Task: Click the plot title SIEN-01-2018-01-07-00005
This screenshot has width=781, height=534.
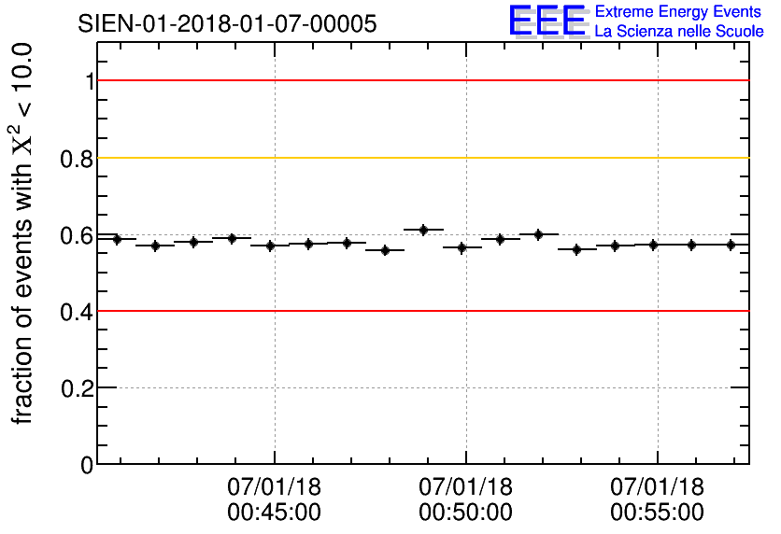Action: point(228,24)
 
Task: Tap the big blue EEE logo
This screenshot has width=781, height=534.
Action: point(547,21)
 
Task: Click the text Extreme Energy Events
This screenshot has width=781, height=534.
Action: point(679,12)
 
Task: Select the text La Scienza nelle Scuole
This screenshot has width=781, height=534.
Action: point(679,32)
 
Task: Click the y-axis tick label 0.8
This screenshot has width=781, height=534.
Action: point(78,159)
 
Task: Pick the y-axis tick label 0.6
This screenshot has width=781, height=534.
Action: point(78,235)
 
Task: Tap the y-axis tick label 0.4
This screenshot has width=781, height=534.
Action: point(78,311)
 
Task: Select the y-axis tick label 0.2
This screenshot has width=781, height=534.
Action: point(78,387)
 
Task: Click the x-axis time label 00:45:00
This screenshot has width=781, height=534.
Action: point(274,512)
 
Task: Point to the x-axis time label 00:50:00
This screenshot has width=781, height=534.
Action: point(465,512)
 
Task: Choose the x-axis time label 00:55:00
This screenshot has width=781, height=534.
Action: point(657,512)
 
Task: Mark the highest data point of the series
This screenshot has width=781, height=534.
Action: point(423,230)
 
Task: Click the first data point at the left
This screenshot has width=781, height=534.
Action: point(117,239)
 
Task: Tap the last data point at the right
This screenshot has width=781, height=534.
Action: point(731,245)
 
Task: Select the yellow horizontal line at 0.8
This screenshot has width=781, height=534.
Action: point(420,158)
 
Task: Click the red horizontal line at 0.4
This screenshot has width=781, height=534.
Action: point(420,311)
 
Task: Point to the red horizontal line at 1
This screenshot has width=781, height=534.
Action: point(420,81)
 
